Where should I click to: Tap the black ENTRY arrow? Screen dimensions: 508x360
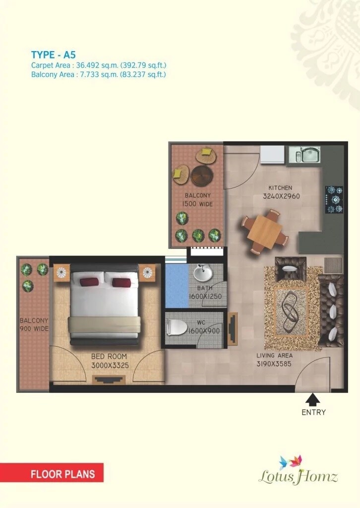(313, 399)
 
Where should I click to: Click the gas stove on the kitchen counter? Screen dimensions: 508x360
(334, 200)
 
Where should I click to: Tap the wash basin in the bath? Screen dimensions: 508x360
(202, 273)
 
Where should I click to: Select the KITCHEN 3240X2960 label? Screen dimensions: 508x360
(281, 192)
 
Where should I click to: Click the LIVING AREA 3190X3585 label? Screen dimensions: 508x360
(274, 360)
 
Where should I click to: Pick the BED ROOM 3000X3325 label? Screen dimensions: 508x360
(109, 361)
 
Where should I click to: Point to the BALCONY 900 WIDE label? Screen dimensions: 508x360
(34, 324)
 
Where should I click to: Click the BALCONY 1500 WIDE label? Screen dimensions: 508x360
(197, 199)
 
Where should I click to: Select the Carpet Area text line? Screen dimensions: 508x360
(98, 65)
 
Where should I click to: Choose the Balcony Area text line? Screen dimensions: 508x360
(98, 75)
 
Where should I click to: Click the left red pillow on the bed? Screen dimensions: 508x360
(89, 282)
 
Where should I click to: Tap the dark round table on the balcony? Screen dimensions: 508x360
(202, 175)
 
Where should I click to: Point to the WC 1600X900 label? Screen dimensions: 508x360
(204, 328)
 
